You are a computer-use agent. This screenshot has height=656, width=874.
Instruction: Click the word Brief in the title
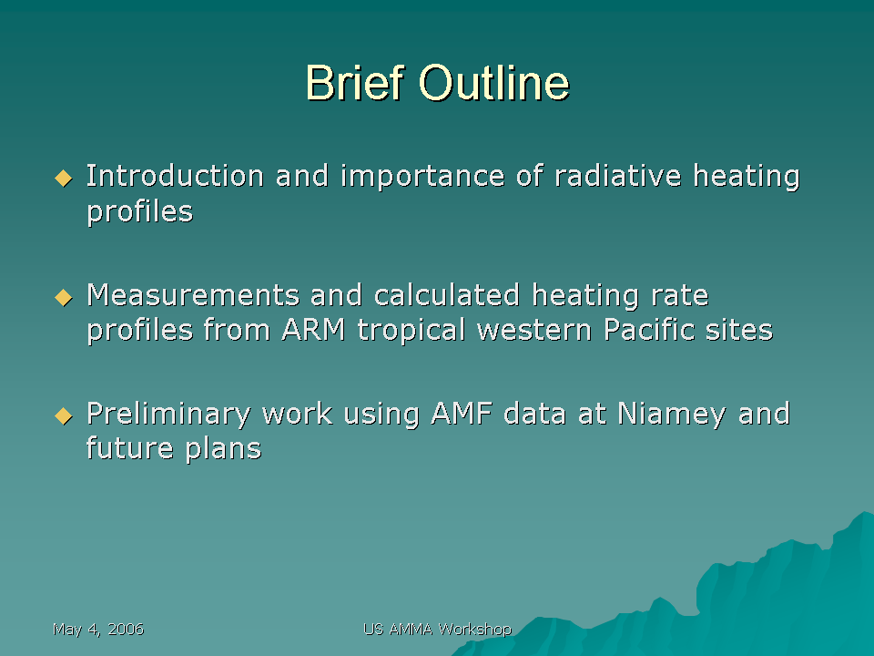coord(354,83)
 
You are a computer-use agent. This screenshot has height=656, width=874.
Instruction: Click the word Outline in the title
coord(494,83)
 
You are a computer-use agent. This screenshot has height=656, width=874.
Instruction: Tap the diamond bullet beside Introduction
coord(64,179)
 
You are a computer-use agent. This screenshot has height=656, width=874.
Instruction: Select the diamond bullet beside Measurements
coord(64,297)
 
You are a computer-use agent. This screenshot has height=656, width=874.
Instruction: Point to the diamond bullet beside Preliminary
coord(64,416)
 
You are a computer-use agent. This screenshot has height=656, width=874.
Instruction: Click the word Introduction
coord(175,176)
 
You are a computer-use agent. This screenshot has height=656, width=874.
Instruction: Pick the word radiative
coord(618,176)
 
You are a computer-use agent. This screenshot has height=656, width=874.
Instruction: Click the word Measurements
coord(193,295)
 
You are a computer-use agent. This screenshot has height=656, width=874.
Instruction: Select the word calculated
coord(447,294)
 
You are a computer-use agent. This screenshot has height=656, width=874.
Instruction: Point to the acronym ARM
coord(313,330)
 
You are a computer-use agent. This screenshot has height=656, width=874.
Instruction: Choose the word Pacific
coord(649,330)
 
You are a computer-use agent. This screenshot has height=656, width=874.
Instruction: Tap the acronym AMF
coord(462,414)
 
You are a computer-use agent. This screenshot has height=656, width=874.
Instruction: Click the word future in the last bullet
coord(129,448)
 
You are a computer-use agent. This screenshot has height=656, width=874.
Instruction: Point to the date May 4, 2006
coord(98,630)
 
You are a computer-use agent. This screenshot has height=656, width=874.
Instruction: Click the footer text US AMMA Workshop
coord(438,630)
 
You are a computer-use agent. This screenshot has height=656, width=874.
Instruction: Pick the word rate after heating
coord(680,295)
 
